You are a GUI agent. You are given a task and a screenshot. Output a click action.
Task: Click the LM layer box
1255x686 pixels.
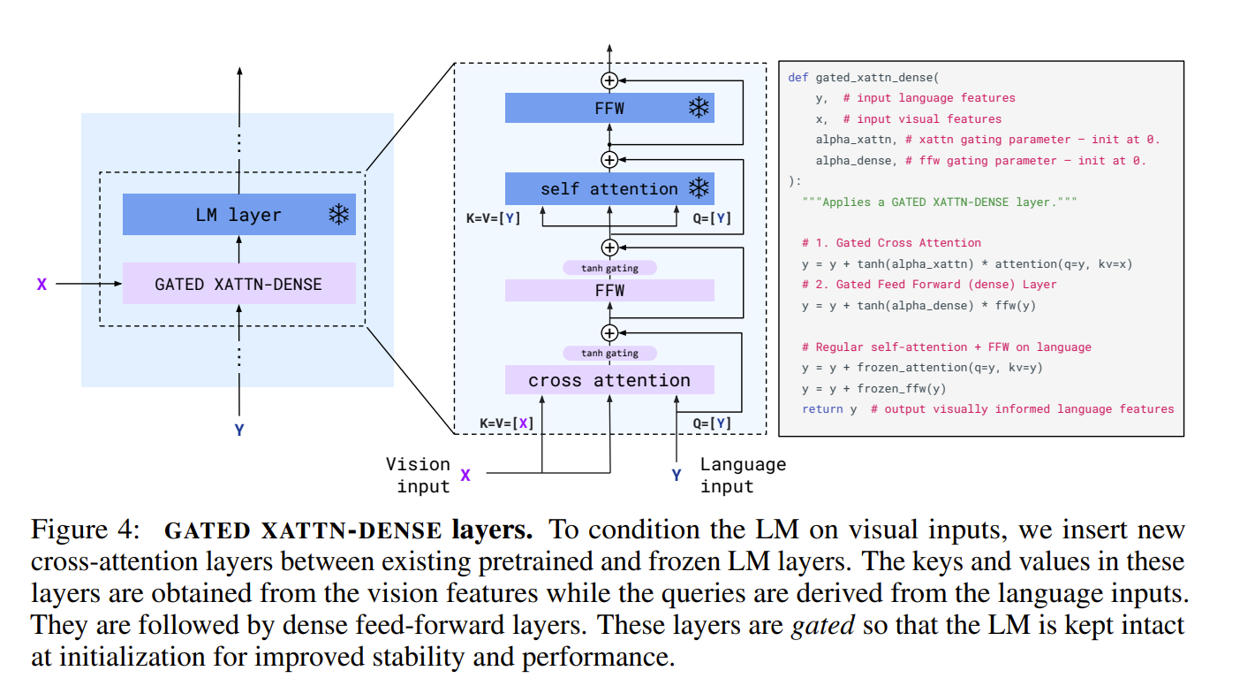[238, 215]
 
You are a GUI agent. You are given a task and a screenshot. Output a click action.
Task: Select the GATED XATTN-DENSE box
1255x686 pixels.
[238, 284]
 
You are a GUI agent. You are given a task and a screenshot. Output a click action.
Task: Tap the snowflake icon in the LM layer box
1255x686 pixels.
[338, 215]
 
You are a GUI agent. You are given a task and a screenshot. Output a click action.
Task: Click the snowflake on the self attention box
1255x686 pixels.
[699, 188]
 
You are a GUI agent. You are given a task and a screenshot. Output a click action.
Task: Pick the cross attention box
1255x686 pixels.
[609, 380]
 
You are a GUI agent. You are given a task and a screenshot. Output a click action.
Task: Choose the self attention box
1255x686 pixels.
[609, 189]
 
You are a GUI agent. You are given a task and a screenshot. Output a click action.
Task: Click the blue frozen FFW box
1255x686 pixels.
[609, 109]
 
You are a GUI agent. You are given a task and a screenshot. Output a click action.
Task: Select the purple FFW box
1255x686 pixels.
[609, 290]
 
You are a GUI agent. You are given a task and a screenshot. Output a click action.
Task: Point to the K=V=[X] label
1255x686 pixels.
[507, 423]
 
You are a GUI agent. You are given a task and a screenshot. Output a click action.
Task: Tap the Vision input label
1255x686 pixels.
[418, 475]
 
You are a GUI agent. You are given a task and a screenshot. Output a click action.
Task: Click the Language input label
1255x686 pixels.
[742, 475]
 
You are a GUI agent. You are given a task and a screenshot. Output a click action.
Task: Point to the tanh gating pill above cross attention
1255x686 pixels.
[609, 354]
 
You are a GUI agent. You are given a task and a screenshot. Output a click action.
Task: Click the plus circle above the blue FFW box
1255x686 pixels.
[609, 80]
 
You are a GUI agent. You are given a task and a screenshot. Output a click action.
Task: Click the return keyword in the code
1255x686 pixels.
[822, 409]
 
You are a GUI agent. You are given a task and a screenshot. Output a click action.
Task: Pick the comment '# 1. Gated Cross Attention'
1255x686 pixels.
[891, 243]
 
